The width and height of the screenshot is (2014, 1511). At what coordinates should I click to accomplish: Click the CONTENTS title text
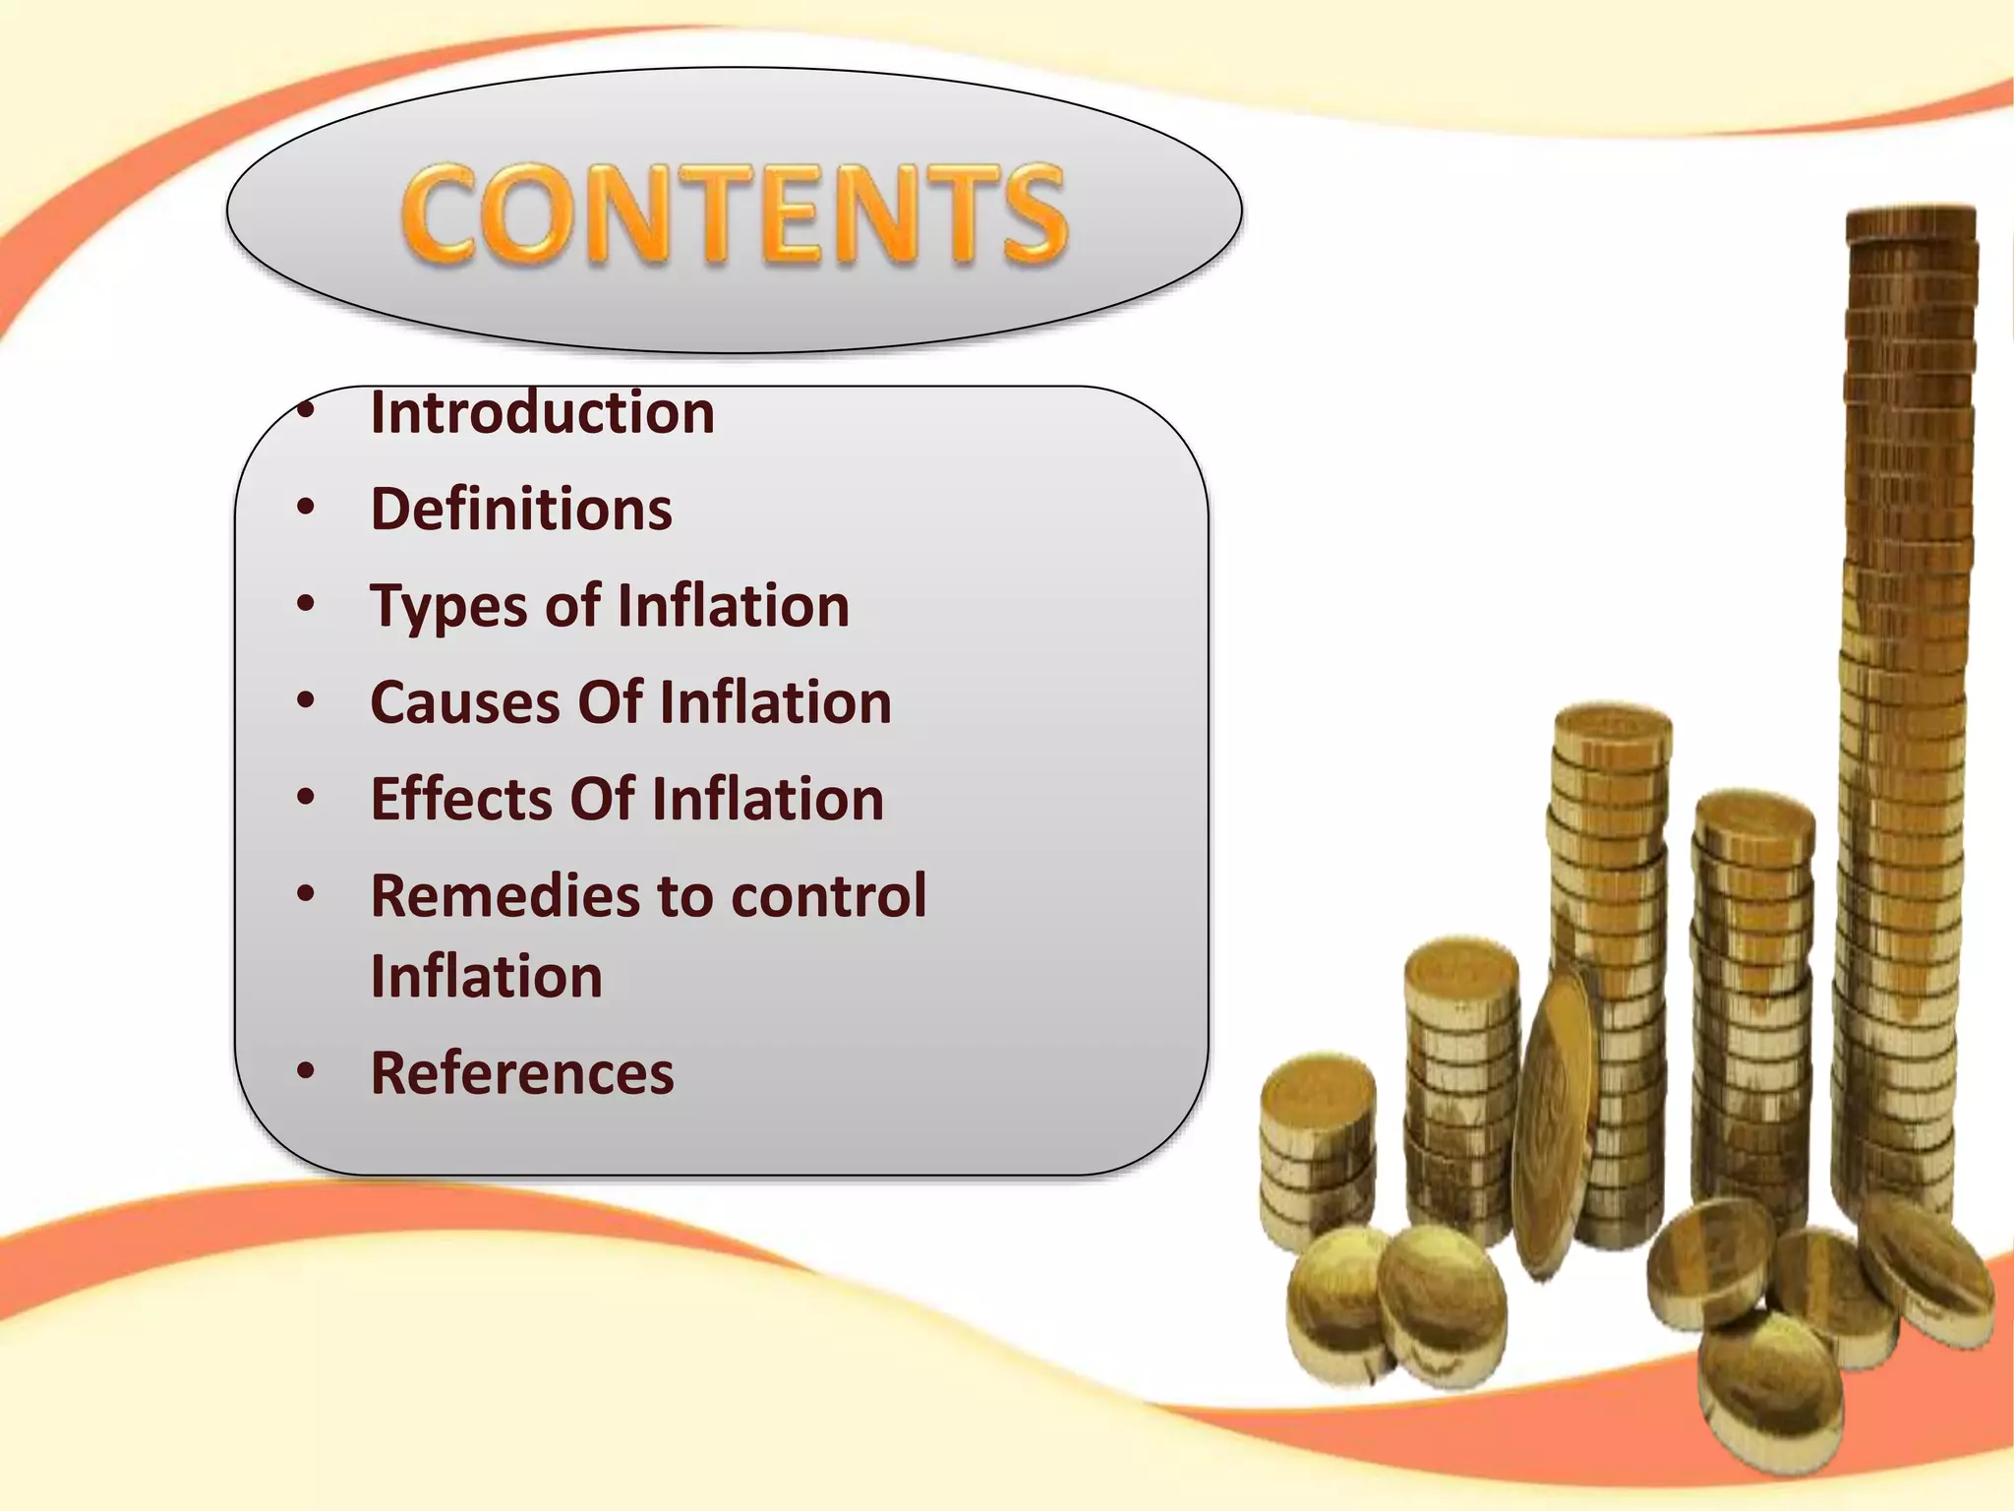coord(734,213)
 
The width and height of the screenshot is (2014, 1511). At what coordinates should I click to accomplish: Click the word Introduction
coord(542,412)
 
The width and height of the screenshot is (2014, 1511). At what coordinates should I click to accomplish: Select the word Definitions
coord(521,510)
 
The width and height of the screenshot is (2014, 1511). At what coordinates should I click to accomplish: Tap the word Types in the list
coord(448,607)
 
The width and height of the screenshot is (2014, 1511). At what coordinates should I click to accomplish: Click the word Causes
coord(465,702)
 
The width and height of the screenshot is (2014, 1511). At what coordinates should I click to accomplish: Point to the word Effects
coord(460,799)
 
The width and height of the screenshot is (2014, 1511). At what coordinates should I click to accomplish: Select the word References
coord(522,1072)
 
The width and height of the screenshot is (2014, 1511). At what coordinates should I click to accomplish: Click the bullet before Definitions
coord(306,509)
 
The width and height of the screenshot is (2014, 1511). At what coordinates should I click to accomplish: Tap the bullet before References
coord(306,1071)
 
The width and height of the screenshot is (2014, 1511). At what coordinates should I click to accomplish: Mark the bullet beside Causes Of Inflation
coord(306,701)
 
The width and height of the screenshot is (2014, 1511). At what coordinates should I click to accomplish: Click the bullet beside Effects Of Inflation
coord(306,798)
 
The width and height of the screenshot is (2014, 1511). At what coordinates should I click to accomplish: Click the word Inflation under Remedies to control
coord(486,976)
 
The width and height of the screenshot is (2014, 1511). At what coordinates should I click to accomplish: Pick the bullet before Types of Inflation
coord(306,604)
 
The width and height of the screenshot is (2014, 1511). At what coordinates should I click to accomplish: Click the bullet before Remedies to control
coord(306,894)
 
